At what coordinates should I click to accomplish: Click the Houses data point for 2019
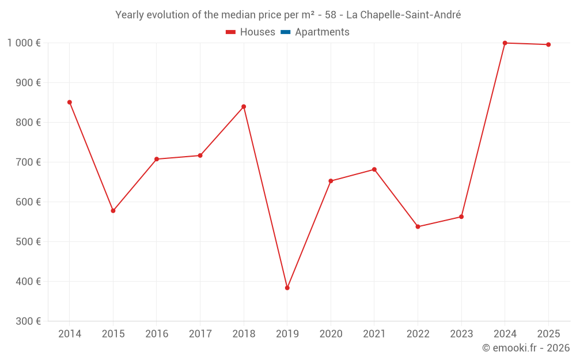[287, 288]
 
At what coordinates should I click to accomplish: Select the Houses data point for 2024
[505, 43]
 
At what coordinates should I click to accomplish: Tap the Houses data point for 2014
[70, 103]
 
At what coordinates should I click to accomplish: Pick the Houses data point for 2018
[244, 107]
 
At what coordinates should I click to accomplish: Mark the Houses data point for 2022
[418, 227]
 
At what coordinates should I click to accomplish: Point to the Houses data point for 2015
[113, 211]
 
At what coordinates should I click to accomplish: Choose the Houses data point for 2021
[374, 169]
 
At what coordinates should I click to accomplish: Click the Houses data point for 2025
[548, 45]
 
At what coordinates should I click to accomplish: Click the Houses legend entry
[251, 32]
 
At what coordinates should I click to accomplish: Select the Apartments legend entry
[315, 32]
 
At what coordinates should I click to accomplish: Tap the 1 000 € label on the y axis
[24, 43]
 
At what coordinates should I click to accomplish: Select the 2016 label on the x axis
[157, 334]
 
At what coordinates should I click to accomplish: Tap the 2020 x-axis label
[331, 334]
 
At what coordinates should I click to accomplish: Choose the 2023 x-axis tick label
[461, 334]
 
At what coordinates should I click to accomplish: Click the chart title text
[288, 15]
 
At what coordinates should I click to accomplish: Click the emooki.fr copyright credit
[525, 348]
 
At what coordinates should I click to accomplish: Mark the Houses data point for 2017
[200, 156]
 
